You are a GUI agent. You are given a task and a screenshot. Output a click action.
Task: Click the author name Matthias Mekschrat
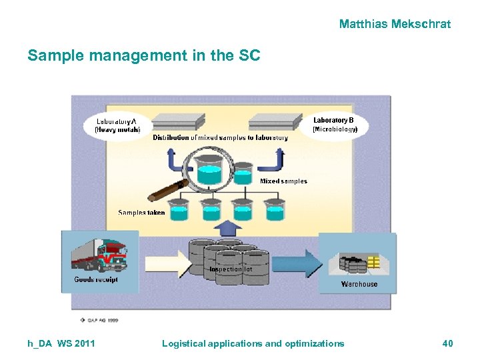click(395, 24)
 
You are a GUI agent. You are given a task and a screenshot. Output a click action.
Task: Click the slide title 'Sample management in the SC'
click(143, 56)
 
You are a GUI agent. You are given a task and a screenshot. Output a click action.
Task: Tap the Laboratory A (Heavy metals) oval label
click(117, 125)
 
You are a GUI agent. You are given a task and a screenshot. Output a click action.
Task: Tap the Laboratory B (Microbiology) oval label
click(335, 124)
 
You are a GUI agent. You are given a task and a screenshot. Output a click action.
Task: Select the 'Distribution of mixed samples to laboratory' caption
click(220, 138)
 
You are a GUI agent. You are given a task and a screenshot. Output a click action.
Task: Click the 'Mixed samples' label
click(283, 181)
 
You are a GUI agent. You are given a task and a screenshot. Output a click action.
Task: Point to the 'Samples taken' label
click(141, 213)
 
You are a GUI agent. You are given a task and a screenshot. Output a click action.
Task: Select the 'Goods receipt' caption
click(96, 280)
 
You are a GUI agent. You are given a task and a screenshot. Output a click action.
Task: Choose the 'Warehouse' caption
click(359, 284)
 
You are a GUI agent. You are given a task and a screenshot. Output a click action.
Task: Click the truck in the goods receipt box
click(100, 255)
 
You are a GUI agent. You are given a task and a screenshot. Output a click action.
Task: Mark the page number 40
click(447, 343)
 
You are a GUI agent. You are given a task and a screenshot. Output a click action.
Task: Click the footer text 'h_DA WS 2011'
click(61, 343)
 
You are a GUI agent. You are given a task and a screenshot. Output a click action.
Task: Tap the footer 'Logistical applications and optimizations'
click(253, 343)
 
